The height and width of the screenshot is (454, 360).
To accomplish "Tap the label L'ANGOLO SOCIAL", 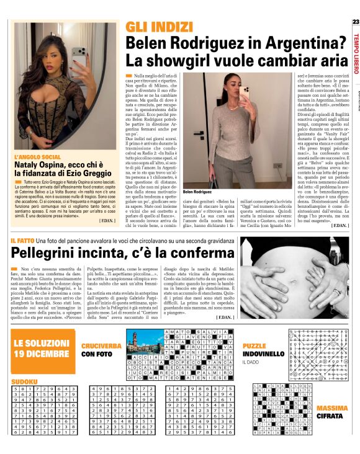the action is (38, 157).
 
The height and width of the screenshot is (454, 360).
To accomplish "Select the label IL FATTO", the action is (22, 240).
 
